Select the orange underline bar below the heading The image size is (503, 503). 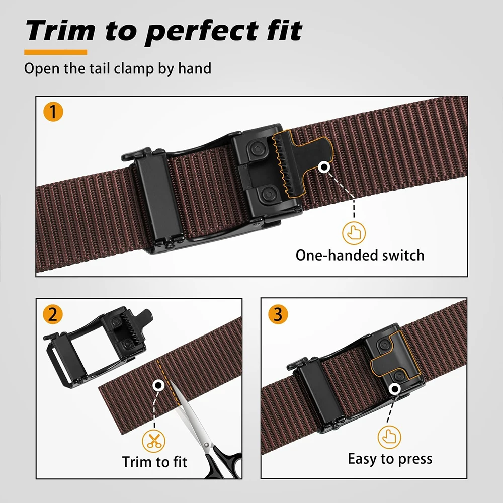click(x=55, y=52)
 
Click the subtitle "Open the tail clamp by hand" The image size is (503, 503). click(x=118, y=68)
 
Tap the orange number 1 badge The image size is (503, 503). click(x=53, y=111)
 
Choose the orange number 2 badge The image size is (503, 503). click(x=53, y=314)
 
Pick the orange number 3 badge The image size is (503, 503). click(x=278, y=314)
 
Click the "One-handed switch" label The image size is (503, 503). click(x=360, y=255)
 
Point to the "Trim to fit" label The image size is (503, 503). click(x=154, y=461)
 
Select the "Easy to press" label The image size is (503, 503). click(x=390, y=459)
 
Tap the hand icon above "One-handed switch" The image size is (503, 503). click(x=354, y=232)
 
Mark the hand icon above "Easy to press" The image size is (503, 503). click(x=389, y=436)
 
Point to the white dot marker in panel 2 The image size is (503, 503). click(x=158, y=386)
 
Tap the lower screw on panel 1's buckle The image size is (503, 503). click(x=269, y=192)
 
